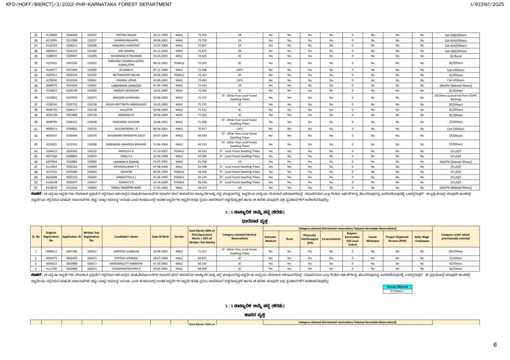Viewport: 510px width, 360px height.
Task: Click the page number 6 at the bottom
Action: click(x=495, y=345)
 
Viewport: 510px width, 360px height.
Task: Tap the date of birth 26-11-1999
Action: click(x=160, y=35)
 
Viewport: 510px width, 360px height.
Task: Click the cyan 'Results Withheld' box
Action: click(x=398, y=287)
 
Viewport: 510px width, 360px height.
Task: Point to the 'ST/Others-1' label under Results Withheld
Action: click(x=398, y=292)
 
